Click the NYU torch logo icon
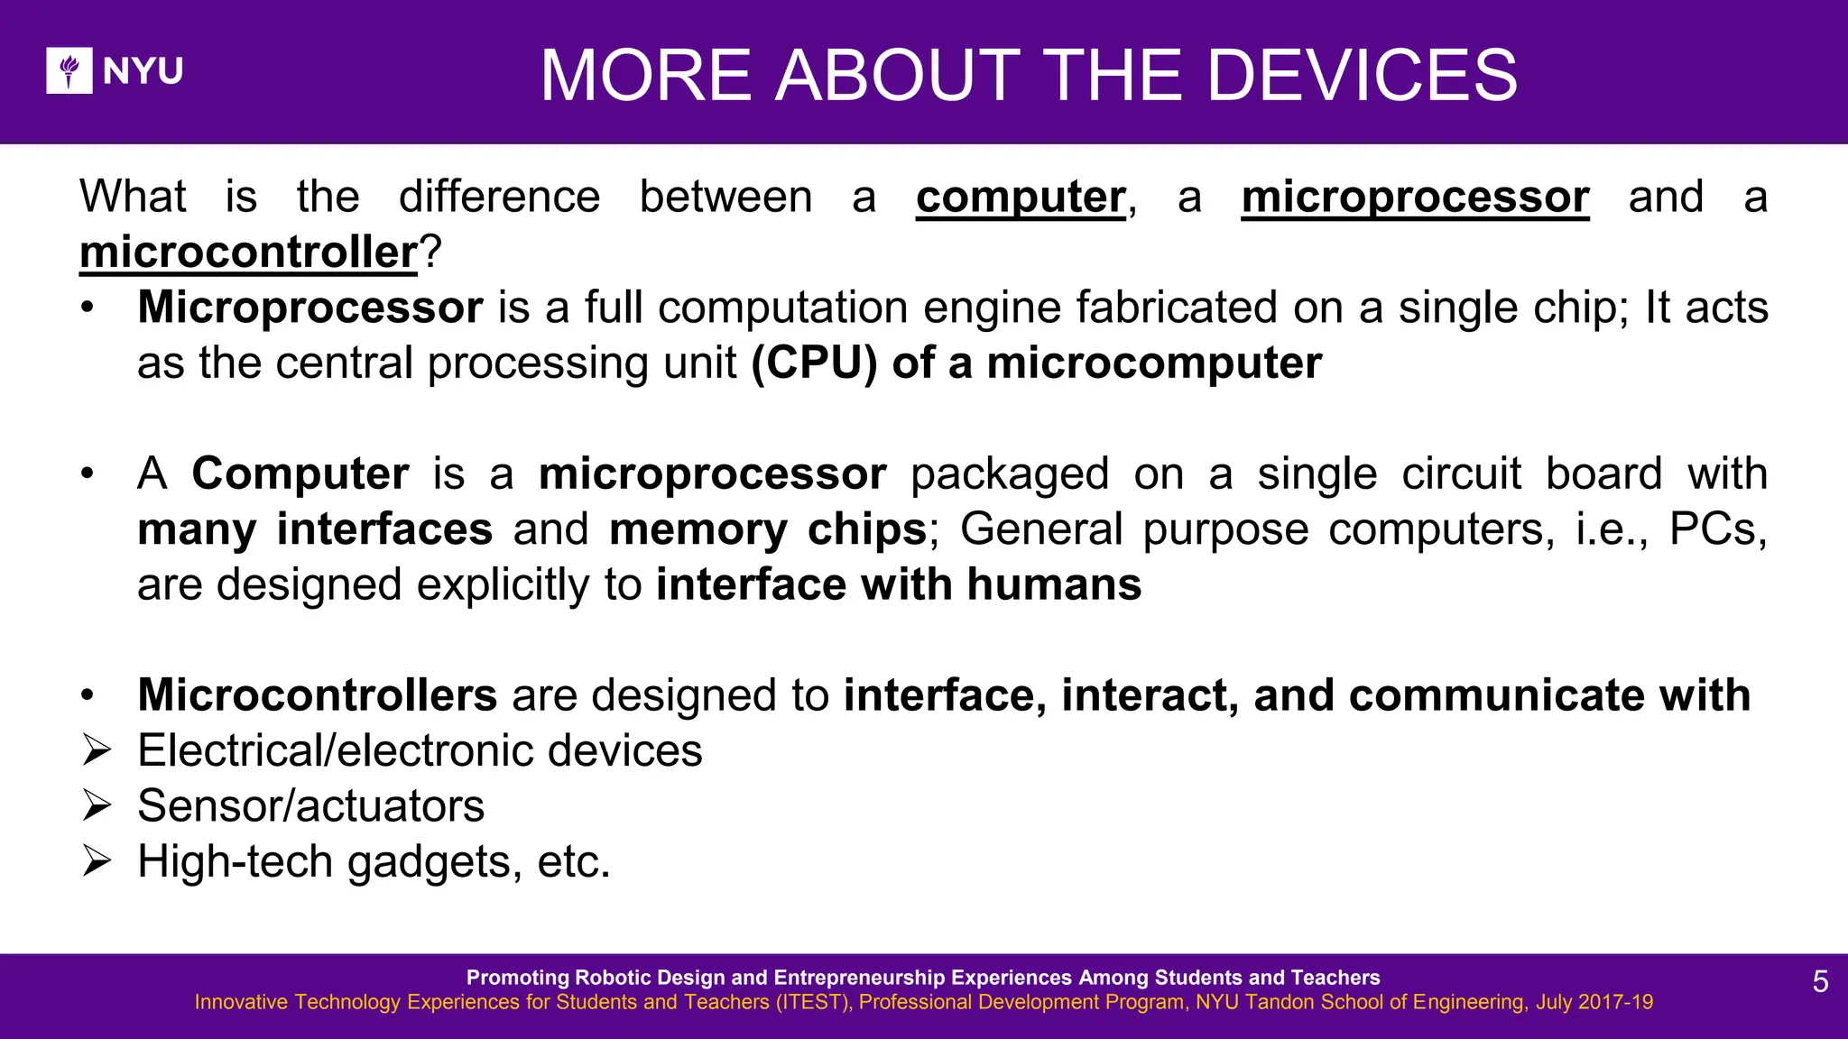pos(69,70)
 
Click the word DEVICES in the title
pos(1362,76)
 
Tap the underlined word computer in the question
pos(1021,198)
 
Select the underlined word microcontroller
pos(248,253)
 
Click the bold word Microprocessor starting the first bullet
pos(310,308)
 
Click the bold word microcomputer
pos(1154,363)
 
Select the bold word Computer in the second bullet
pos(300,474)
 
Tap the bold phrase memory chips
pos(768,529)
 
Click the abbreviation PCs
pos(1715,529)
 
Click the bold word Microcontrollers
pos(317,695)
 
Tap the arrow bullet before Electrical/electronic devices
pos(97,750)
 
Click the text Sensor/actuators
pos(310,806)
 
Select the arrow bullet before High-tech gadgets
pos(97,861)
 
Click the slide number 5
pos(1820,982)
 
